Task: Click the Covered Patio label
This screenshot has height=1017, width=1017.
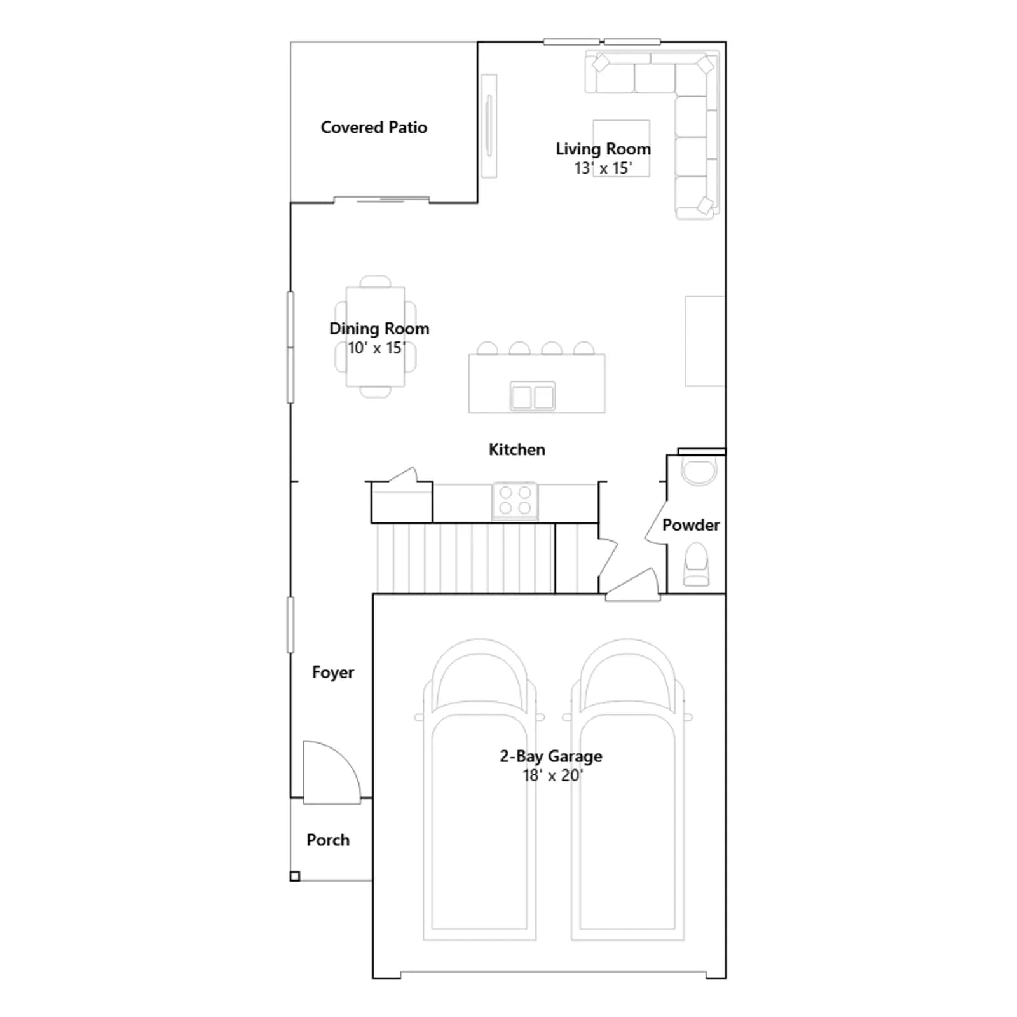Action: pyautogui.click(x=374, y=127)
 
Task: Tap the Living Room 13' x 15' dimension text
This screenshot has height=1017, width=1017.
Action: pyautogui.click(x=603, y=168)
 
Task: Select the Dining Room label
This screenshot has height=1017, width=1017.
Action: pyautogui.click(x=379, y=329)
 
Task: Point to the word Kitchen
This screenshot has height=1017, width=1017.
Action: pyautogui.click(x=517, y=449)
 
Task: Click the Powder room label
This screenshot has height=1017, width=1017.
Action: pyautogui.click(x=691, y=525)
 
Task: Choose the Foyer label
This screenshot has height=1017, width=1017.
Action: pyautogui.click(x=333, y=672)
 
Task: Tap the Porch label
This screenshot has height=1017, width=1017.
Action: pyautogui.click(x=328, y=840)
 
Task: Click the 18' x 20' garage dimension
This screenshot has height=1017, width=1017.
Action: pyautogui.click(x=552, y=775)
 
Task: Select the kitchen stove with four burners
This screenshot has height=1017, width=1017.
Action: pyautogui.click(x=515, y=501)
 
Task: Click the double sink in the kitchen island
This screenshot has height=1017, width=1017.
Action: pyautogui.click(x=533, y=397)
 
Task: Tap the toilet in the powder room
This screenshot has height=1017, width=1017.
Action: pyautogui.click(x=695, y=564)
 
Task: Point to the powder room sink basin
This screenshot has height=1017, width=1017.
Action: pyautogui.click(x=699, y=471)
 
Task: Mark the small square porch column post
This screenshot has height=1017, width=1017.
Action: pyautogui.click(x=295, y=877)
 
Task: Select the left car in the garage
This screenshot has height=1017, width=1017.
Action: pyautogui.click(x=480, y=790)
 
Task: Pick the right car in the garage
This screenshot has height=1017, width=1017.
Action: pyautogui.click(x=628, y=790)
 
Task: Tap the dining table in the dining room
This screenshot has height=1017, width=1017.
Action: pyautogui.click(x=375, y=337)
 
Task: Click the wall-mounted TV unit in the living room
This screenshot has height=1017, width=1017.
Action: pyautogui.click(x=489, y=126)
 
